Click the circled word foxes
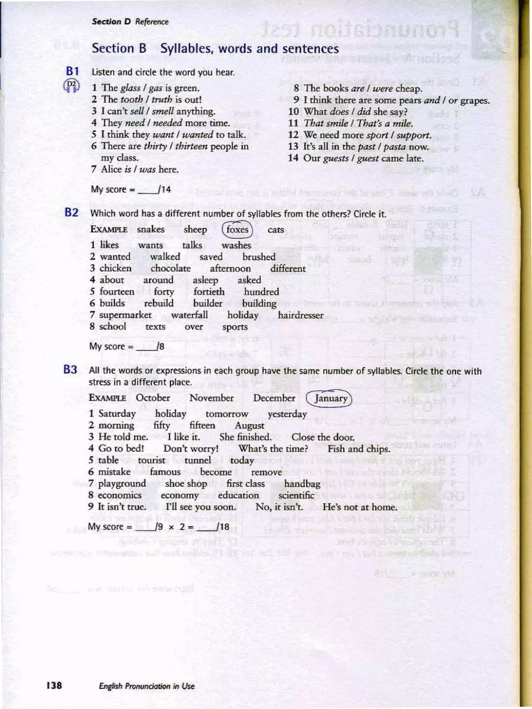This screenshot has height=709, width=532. (x=237, y=230)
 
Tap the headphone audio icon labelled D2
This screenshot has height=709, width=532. (x=72, y=86)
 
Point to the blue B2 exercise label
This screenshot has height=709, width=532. (x=71, y=213)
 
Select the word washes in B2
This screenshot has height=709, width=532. (x=236, y=245)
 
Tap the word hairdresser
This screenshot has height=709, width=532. (x=301, y=315)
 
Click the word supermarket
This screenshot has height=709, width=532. (x=125, y=315)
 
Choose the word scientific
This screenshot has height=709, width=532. (x=296, y=495)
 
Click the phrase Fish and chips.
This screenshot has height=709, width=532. (x=359, y=449)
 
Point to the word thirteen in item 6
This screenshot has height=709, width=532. (x=191, y=146)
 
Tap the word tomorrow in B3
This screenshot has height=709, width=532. (x=227, y=414)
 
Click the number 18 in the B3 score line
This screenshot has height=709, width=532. (x=224, y=526)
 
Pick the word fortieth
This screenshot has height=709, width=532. (x=209, y=292)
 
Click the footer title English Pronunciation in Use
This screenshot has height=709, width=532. (x=147, y=686)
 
